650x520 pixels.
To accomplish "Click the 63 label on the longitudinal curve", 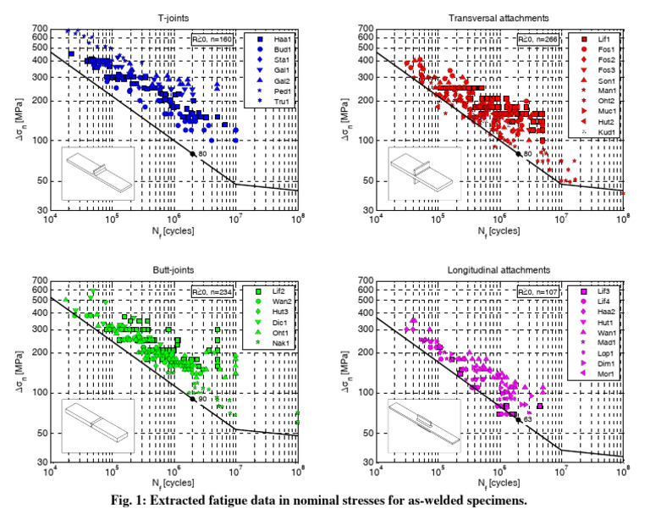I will (527, 419).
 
